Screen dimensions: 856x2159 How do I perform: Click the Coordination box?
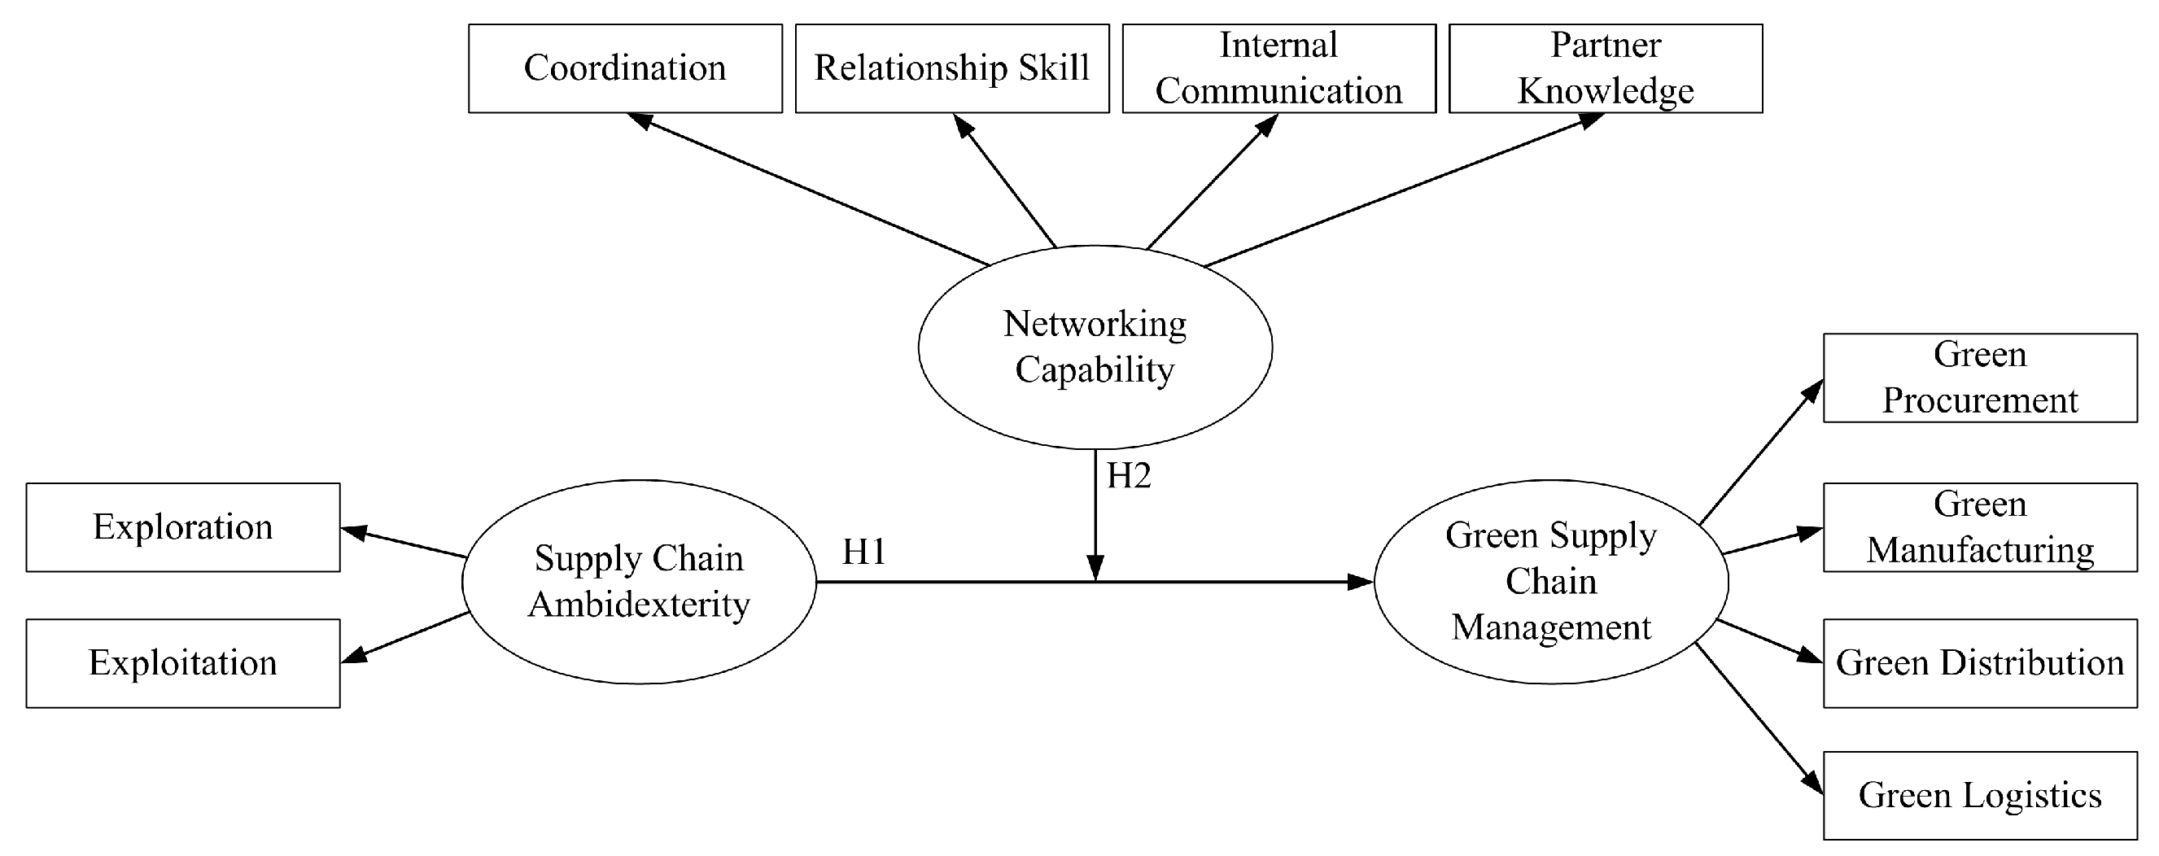tap(624, 68)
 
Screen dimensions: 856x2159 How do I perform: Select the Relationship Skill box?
tap(951, 68)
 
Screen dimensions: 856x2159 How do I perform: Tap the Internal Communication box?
tap(1278, 68)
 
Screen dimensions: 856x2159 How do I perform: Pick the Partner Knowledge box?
tap(1605, 68)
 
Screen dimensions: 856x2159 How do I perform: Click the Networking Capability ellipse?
tap(1095, 347)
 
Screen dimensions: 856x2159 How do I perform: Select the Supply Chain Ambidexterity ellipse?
tap(639, 581)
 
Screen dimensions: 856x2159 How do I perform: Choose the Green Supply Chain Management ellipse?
tap(1550, 581)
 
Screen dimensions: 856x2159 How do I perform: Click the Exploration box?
tap(183, 527)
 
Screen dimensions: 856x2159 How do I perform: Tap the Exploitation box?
tap(183, 663)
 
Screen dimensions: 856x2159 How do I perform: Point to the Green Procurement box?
tap(1980, 378)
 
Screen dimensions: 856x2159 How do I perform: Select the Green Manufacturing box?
tap(1980, 527)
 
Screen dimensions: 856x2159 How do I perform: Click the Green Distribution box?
tap(1980, 663)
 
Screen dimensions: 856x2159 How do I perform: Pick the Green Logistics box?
tap(1980, 796)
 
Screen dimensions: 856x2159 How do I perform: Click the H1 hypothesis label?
tap(864, 552)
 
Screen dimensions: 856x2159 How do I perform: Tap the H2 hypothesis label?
tap(1129, 476)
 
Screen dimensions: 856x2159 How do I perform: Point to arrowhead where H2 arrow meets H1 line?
tap(1095, 569)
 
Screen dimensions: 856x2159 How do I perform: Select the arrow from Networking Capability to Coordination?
tap(809, 190)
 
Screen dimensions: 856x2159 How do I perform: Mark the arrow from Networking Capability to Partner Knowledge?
tap(1404, 190)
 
